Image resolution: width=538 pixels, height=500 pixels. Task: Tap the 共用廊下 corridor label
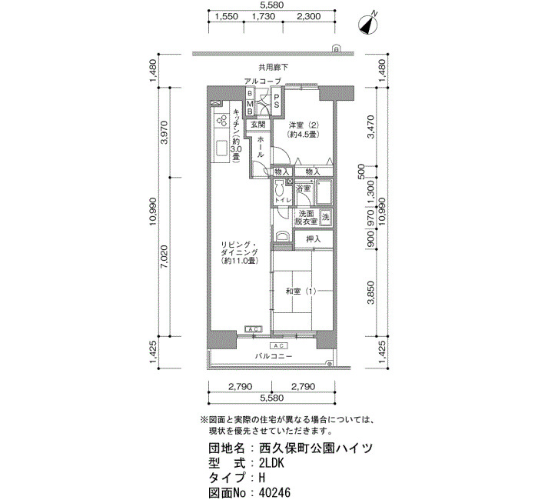(274, 68)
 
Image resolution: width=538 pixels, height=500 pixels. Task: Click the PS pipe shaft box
(277, 102)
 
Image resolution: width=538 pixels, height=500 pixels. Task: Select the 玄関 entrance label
(257, 125)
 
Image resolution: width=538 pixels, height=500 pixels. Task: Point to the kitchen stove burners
(221, 120)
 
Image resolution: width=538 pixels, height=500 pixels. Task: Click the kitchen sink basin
(222, 148)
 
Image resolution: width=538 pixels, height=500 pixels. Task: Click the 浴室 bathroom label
(304, 188)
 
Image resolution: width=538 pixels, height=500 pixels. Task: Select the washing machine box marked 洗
(325, 218)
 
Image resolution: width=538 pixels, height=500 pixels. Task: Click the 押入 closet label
(314, 239)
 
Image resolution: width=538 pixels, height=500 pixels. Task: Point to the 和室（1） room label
(301, 292)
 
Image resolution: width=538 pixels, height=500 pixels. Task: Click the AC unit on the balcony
(278, 345)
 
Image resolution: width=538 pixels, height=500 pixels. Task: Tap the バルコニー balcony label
(274, 356)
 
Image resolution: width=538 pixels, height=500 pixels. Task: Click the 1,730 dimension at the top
(263, 16)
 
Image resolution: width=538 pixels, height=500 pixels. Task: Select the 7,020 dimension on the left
(164, 256)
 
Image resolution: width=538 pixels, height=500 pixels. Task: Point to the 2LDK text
(272, 463)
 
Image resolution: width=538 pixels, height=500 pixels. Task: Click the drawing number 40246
(274, 493)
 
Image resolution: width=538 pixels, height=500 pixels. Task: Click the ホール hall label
(261, 147)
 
